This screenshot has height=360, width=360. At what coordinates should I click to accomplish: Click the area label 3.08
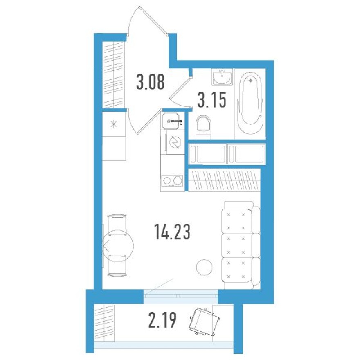click(x=151, y=82)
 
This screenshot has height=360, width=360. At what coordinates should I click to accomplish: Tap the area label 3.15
click(x=211, y=99)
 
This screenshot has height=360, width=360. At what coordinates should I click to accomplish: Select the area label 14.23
click(x=172, y=234)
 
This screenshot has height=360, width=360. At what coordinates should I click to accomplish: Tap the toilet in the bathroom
click(x=203, y=126)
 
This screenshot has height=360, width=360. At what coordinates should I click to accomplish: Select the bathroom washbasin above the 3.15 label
click(x=222, y=77)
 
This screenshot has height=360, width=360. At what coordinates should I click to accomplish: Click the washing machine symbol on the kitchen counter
click(x=173, y=142)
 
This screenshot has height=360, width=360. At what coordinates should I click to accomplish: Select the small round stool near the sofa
click(x=204, y=268)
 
